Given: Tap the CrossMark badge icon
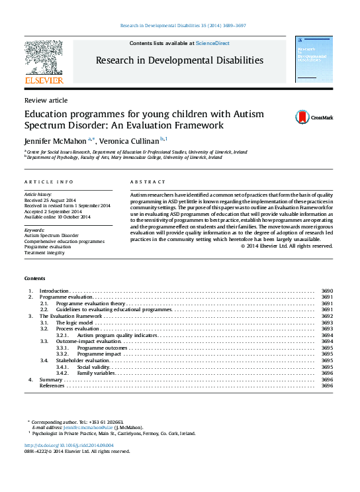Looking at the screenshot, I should pos(302,117).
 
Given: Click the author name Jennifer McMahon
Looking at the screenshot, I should pos(50,140).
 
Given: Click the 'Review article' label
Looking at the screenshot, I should pos(45,100).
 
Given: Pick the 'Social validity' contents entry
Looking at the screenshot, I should pos(93,367).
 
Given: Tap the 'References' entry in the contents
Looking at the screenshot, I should pos(52,385).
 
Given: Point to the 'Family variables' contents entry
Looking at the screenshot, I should pos(95,373).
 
